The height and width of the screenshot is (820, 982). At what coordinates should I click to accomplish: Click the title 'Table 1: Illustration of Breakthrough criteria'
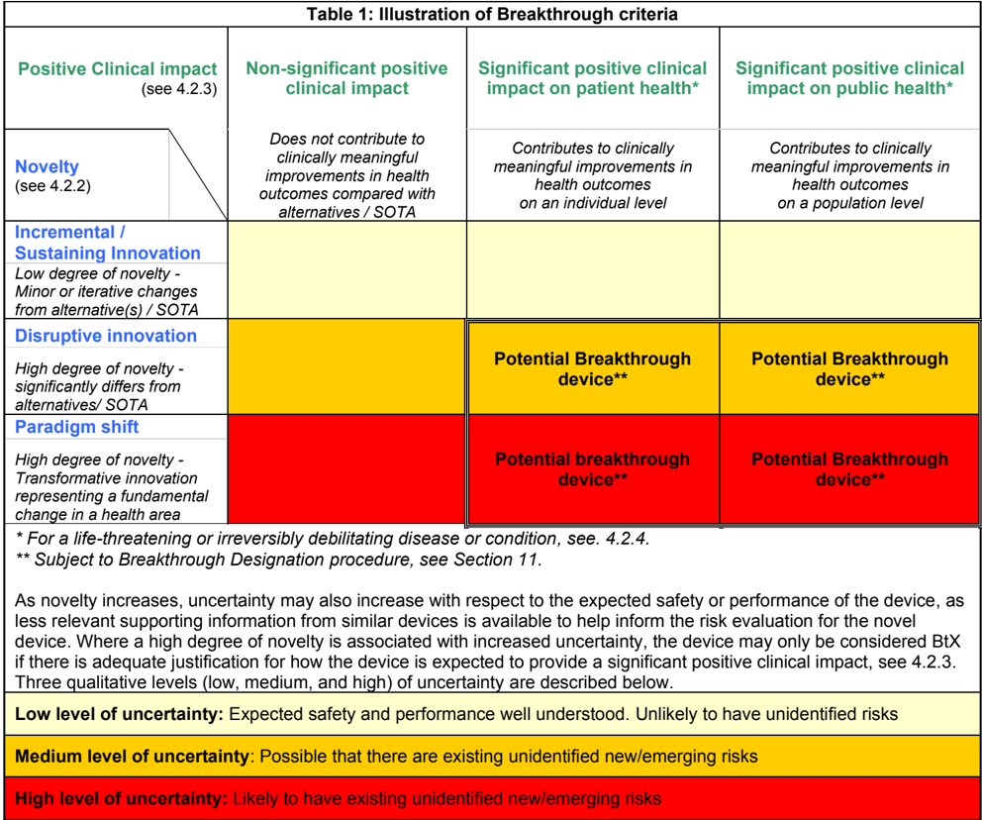(491, 13)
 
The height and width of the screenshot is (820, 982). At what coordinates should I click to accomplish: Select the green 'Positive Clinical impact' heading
(117, 69)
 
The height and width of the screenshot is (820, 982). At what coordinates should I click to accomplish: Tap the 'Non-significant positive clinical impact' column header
(346, 78)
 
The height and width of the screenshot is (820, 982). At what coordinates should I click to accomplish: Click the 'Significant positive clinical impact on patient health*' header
(592, 78)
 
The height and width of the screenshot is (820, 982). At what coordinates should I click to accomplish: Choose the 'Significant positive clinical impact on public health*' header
(849, 78)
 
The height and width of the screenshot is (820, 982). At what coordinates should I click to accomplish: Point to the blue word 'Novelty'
(47, 166)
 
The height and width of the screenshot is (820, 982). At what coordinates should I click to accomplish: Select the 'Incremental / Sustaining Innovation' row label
(107, 243)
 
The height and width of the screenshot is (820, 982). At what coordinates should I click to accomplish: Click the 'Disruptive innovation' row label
(106, 336)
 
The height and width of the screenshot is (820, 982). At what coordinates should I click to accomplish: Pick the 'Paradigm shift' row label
(77, 427)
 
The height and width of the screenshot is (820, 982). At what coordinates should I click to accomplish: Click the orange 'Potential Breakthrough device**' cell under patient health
(592, 368)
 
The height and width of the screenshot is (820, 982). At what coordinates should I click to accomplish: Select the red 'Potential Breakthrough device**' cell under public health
(849, 469)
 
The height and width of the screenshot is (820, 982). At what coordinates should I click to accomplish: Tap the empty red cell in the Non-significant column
(346, 468)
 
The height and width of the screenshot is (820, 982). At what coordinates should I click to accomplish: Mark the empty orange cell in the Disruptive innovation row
(346, 367)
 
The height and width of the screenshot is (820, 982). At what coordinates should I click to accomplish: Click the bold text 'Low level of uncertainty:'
(120, 714)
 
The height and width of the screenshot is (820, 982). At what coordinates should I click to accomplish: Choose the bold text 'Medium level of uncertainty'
(132, 757)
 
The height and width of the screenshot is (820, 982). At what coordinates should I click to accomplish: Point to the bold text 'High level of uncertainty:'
(122, 798)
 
